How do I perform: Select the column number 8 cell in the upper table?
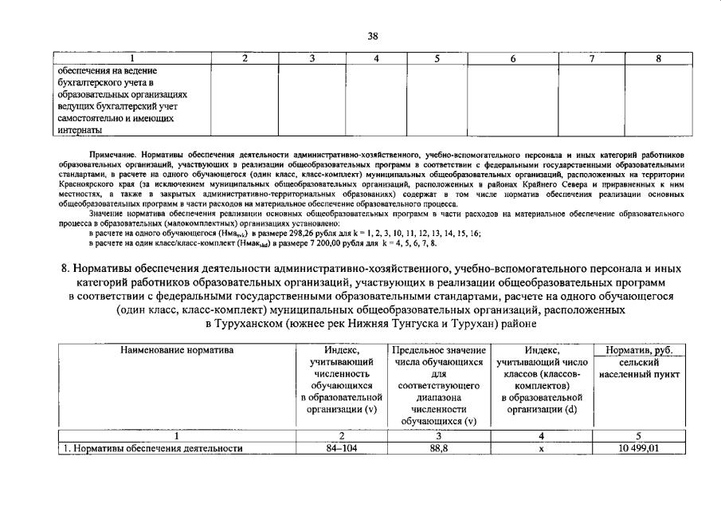click(657, 58)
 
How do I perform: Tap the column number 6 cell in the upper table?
click(512, 58)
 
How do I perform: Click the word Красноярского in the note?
click(87, 183)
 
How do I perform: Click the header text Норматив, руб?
click(633, 350)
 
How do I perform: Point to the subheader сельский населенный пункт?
click(633, 368)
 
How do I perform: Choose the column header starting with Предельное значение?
click(438, 350)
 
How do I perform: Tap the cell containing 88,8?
click(438, 448)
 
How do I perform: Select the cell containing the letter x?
click(541, 448)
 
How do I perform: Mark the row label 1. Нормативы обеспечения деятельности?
click(152, 448)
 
